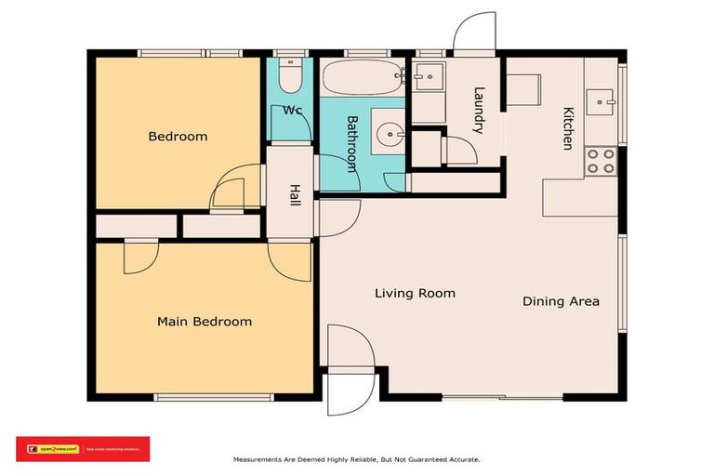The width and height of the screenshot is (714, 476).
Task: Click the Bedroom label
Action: [178, 137]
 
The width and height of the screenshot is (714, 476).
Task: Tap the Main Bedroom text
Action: [204, 322]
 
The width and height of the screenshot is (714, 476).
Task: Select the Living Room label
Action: [415, 293]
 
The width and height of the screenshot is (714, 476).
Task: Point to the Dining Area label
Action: [561, 301]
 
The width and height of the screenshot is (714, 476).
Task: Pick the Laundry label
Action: [479, 110]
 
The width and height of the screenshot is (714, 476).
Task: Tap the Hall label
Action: [295, 195]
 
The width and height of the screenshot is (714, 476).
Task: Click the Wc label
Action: [293, 111]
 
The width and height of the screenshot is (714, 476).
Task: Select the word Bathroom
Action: [352, 143]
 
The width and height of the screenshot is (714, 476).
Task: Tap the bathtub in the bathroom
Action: [363, 77]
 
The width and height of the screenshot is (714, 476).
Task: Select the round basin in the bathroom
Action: [390, 134]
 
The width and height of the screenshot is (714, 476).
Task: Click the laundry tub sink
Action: [428, 80]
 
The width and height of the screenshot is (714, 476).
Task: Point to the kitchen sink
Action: [602, 98]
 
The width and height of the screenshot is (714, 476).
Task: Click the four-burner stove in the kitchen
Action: [601, 162]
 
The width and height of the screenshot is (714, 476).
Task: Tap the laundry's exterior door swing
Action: [474, 33]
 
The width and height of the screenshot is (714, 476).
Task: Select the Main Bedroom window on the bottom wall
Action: [215, 398]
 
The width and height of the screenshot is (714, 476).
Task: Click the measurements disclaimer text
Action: [356, 459]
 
